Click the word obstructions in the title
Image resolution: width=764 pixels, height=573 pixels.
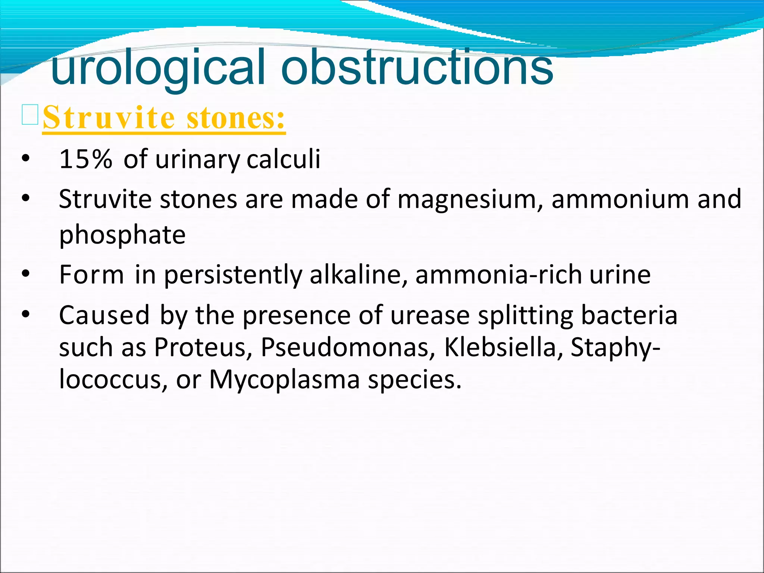tap(417, 67)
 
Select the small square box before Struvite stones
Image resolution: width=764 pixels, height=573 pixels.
tap(30, 115)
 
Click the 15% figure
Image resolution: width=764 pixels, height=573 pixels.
tap(85, 159)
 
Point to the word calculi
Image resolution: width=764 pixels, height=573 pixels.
tap(283, 159)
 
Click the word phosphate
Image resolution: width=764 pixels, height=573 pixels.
tap(122, 235)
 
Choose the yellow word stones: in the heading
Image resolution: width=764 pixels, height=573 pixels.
tap(236, 118)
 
